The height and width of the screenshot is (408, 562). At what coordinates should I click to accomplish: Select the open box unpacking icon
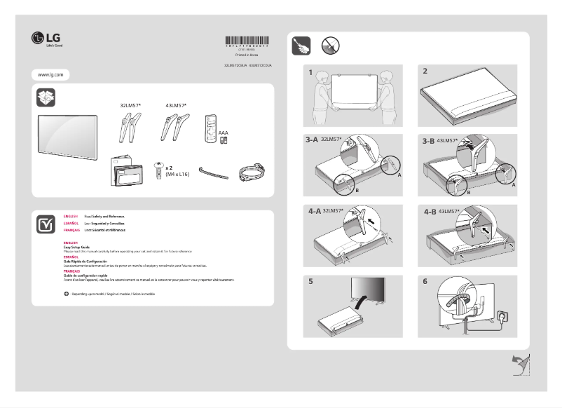(x=46, y=98)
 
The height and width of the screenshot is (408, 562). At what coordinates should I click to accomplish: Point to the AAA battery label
(x=224, y=132)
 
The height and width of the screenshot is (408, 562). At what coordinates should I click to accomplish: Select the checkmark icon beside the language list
(x=46, y=224)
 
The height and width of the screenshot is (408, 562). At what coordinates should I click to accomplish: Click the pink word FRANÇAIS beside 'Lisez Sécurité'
(x=71, y=230)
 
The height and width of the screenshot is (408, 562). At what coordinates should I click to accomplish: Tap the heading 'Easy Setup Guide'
(x=76, y=247)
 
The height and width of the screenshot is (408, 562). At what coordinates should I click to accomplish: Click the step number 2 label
(x=425, y=72)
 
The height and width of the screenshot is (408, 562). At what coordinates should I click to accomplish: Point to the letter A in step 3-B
(x=514, y=184)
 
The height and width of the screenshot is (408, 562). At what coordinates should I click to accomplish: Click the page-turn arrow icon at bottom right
(x=519, y=364)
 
